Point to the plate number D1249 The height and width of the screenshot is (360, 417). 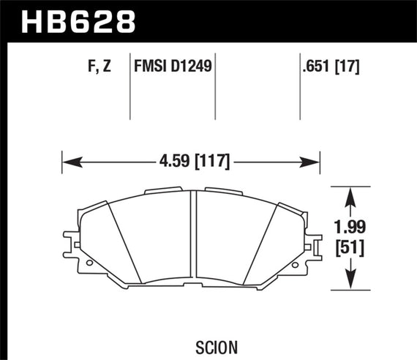[x=190, y=68]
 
